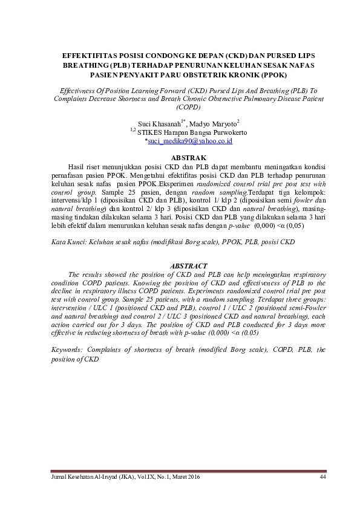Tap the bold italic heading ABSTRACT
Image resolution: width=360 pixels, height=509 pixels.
point(189,265)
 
